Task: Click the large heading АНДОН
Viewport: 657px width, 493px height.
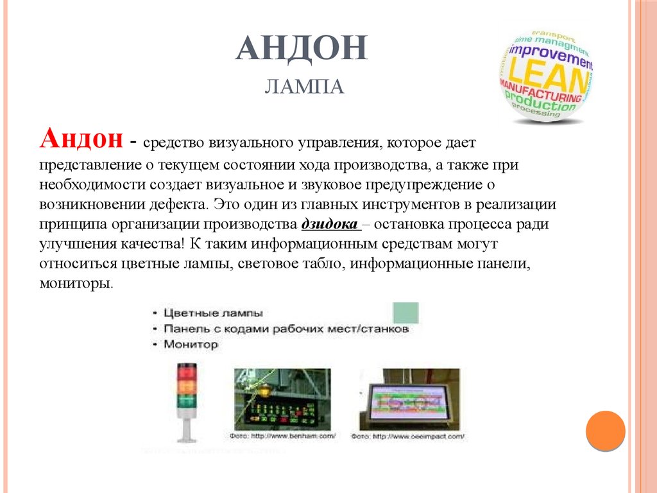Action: tap(301, 49)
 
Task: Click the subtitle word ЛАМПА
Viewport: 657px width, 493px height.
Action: tap(304, 86)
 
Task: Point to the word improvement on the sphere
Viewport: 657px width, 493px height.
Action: tap(550, 55)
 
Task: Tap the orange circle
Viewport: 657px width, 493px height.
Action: tap(605, 430)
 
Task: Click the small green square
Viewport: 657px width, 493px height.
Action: tap(405, 313)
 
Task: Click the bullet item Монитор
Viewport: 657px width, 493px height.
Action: tap(191, 345)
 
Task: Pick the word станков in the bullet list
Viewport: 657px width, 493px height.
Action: tap(386, 329)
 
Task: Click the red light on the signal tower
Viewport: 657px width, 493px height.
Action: tap(187, 370)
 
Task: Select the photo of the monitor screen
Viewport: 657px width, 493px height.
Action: tap(409, 399)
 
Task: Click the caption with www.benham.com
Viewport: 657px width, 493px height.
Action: tap(283, 437)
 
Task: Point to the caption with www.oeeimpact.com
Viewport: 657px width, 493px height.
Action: tap(408, 437)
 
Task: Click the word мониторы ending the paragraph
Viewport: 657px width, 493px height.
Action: tap(76, 283)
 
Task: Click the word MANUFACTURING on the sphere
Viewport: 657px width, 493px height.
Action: tap(540, 89)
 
